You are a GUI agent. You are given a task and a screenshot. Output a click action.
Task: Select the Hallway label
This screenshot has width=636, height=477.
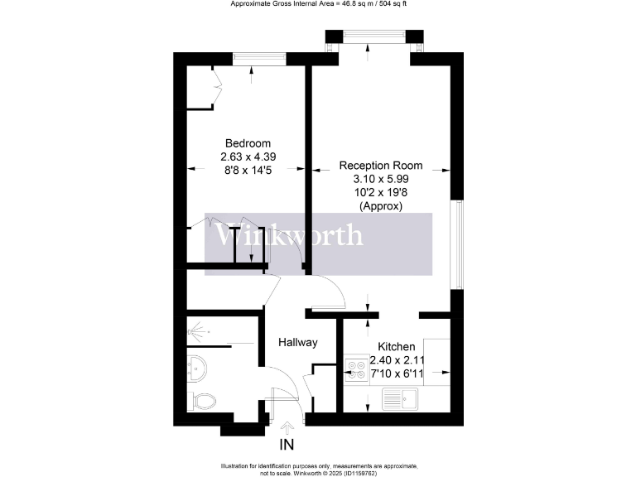point(298,341)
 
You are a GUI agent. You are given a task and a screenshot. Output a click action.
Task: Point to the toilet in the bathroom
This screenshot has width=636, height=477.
point(203,402)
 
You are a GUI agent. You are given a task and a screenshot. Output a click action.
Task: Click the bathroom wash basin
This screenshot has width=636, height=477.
point(195,367)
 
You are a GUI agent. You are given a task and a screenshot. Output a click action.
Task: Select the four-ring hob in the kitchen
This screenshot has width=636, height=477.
point(356,368)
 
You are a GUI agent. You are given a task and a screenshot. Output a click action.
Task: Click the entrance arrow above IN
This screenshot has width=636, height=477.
point(287,428)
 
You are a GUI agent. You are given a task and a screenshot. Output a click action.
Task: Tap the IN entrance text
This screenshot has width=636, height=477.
point(287,446)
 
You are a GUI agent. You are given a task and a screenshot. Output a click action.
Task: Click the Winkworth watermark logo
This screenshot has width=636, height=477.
point(289,236)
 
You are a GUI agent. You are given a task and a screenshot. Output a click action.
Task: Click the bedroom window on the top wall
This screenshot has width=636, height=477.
point(259,58)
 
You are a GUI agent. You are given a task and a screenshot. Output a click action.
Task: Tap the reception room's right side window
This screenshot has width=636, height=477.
point(456,244)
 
